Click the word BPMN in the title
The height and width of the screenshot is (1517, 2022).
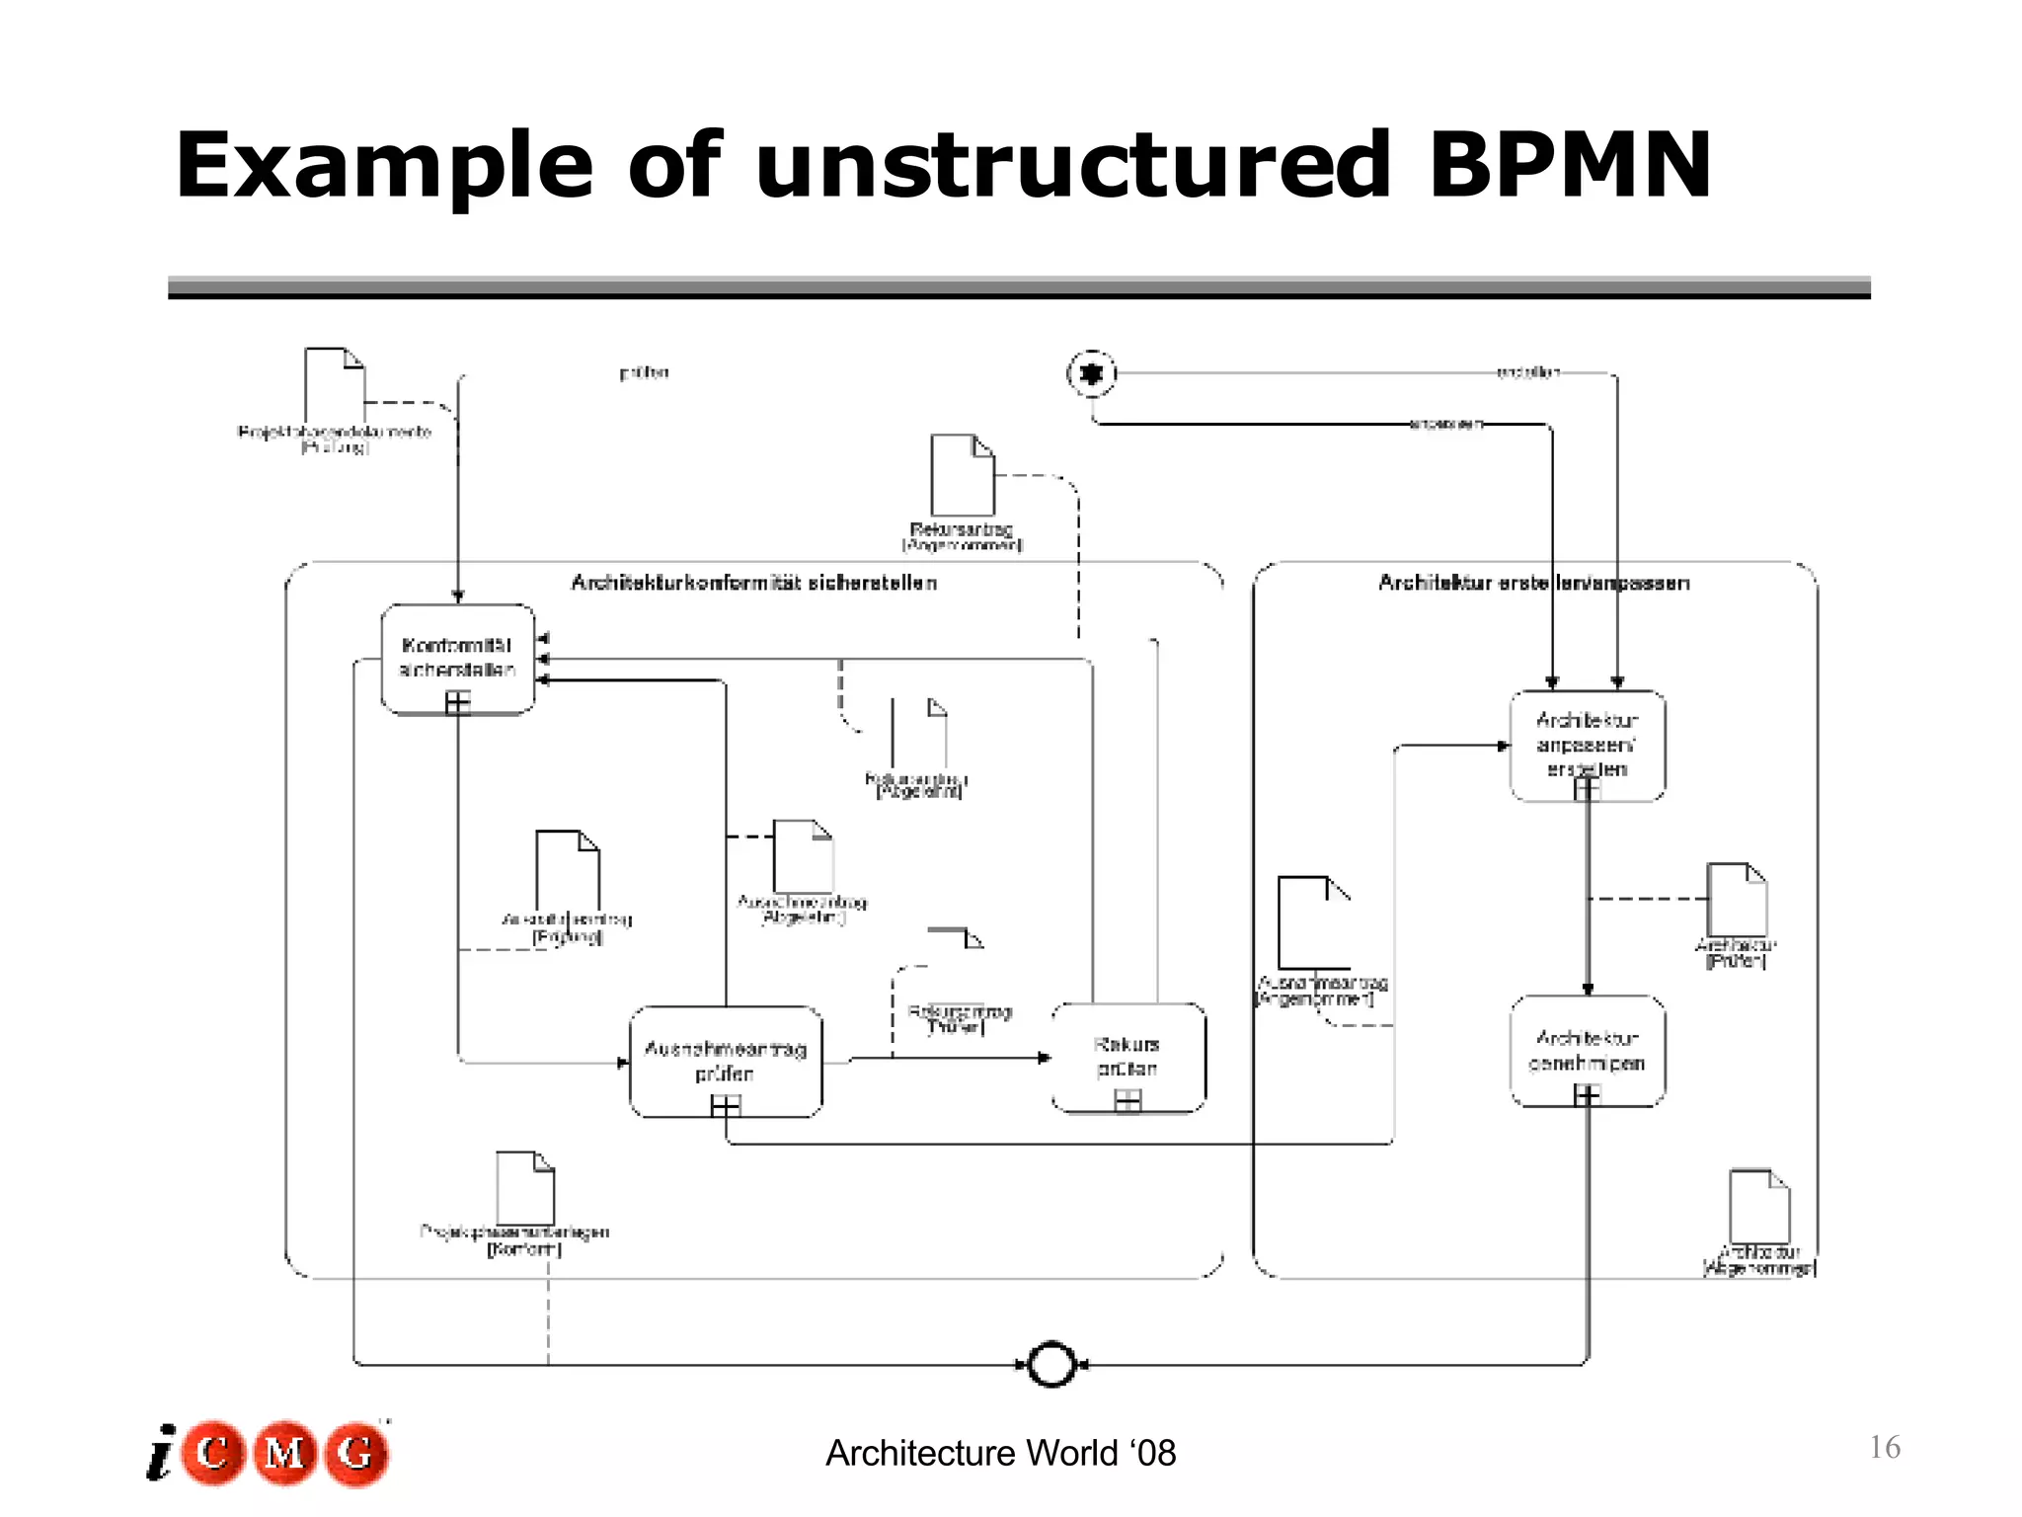click(1570, 166)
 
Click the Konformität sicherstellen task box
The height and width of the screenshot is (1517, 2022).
click(457, 658)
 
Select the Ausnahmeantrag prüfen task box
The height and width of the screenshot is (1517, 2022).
click(726, 1061)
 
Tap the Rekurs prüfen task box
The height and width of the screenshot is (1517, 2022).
click(1128, 1057)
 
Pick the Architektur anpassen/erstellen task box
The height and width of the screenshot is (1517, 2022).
click(1588, 745)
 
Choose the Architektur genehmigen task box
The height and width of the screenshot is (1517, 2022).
click(1588, 1051)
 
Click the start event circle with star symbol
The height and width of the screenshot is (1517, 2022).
click(1091, 374)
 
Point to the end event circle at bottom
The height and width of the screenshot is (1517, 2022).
click(1051, 1365)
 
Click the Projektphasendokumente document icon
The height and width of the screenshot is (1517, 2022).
click(334, 385)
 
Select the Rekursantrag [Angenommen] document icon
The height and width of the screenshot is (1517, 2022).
click(962, 475)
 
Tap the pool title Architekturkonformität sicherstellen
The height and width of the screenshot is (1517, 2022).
click(753, 583)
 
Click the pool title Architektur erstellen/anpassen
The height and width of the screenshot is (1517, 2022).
click(1533, 583)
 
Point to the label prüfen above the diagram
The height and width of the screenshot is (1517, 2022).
click(644, 372)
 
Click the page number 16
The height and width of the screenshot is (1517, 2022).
click(1884, 1448)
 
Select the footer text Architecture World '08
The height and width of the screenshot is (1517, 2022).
click(1000, 1453)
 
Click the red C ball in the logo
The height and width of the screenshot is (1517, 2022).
click(212, 1453)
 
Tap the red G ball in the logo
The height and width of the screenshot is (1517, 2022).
click(356, 1453)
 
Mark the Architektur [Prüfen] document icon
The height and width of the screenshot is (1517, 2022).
click(1737, 899)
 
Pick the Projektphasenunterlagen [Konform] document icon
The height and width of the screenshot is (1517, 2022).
click(524, 1188)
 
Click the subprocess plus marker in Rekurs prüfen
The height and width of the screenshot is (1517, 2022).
click(1128, 1100)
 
